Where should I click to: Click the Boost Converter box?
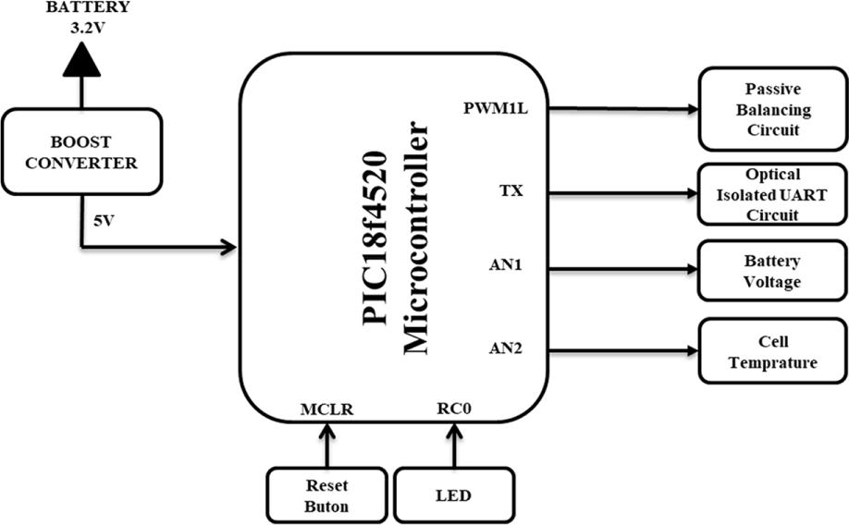tap(81, 152)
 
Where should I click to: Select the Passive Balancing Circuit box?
tap(772, 109)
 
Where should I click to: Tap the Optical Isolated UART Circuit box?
tap(772, 194)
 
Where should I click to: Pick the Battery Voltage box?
tap(772, 271)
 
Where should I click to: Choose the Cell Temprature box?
tap(772, 351)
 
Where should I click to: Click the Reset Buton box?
tap(326, 495)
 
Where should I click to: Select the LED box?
tap(454, 495)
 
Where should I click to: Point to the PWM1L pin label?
tap(496, 108)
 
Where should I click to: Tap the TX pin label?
tap(511, 190)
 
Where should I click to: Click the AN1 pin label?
tap(506, 265)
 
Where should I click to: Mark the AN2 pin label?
tap(506, 348)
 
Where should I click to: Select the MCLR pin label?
tap(326, 409)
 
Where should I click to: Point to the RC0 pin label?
tap(454, 409)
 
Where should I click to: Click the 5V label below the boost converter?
tap(104, 221)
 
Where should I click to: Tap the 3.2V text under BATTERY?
tap(88, 28)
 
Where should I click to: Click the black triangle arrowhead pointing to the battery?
tap(81, 59)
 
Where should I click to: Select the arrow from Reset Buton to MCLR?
tap(326, 445)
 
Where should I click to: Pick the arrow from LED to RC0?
tap(454, 445)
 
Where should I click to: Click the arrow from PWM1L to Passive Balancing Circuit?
tap(622, 109)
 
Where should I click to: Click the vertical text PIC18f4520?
tap(375, 238)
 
